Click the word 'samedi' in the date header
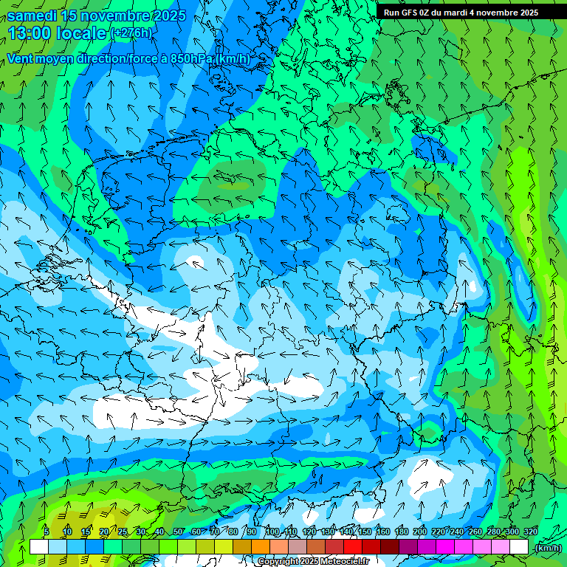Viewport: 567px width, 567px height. coord(32,15)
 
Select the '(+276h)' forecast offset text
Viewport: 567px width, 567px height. coord(131,33)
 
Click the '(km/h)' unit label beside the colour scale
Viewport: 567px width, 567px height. coord(547,547)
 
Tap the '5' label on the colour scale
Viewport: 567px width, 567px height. coord(46,532)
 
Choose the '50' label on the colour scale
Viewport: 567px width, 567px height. coord(177,532)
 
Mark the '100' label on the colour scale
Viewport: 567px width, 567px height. coord(272,532)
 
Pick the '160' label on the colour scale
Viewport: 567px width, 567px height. coord(383,532)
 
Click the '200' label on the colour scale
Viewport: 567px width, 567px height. coord(420,532)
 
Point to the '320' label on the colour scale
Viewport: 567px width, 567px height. coord(530,532)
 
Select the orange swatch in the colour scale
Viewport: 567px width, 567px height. coord(261,547)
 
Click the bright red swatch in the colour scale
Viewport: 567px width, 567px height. coord(353,547)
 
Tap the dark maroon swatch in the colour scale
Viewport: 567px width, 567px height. coord(390,547)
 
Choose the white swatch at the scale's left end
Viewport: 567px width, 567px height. coord(39,547)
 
